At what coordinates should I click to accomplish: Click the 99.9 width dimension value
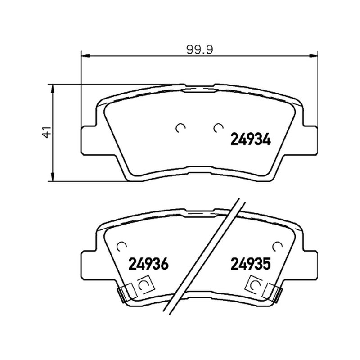[x=200, y=49]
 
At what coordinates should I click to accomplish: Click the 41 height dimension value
[x=47, y=132]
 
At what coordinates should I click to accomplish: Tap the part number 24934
[x=251, y=139]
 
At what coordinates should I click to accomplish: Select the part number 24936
[x=148, y=264]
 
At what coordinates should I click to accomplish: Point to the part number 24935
[x=251, y=264]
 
